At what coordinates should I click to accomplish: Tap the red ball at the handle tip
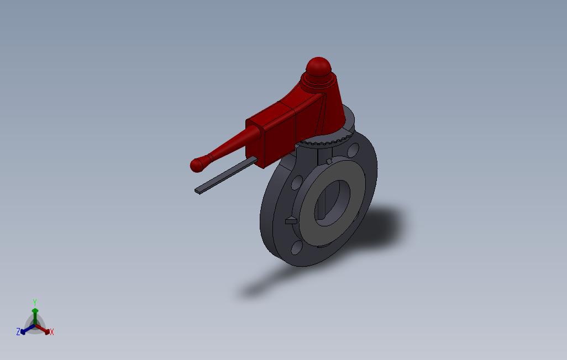coord(196,165)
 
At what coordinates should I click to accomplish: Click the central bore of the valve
coord(332,202)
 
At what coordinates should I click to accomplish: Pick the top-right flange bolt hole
coord(354,150)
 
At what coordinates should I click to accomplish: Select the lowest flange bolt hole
coord(297,247)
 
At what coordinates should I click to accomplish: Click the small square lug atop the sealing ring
coord(329,161)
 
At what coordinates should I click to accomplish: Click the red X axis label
coord(51,332)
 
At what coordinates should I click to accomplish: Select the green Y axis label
coord(34,302)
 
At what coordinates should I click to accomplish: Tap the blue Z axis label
coord(18,332)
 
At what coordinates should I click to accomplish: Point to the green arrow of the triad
coord(35,315)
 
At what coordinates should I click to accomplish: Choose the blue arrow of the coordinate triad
coord(25,330)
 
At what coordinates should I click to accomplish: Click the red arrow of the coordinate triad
coord(44,330)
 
